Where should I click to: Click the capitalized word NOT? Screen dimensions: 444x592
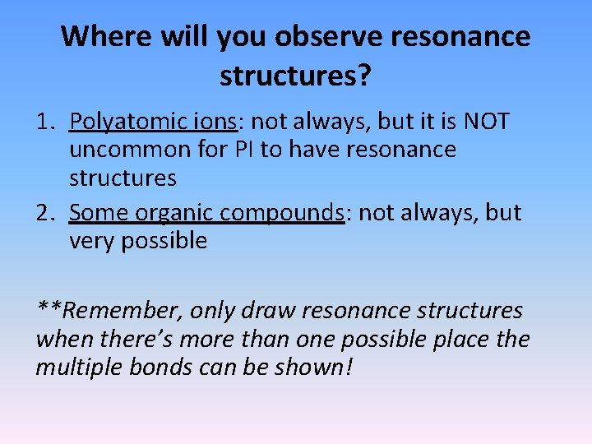486,123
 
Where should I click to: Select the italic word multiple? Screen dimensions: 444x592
79,367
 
